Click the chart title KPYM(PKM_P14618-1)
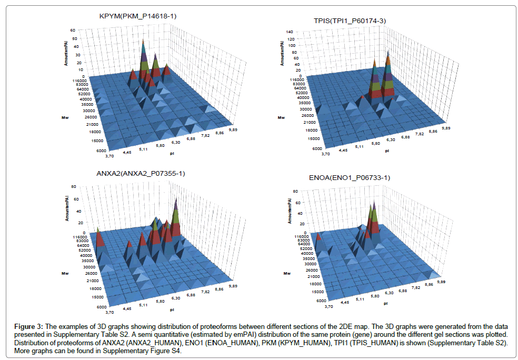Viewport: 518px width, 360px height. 137,16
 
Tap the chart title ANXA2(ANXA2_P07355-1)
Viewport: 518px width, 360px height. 141,173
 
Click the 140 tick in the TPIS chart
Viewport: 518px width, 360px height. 288,32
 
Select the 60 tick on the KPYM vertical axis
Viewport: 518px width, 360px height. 77,38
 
